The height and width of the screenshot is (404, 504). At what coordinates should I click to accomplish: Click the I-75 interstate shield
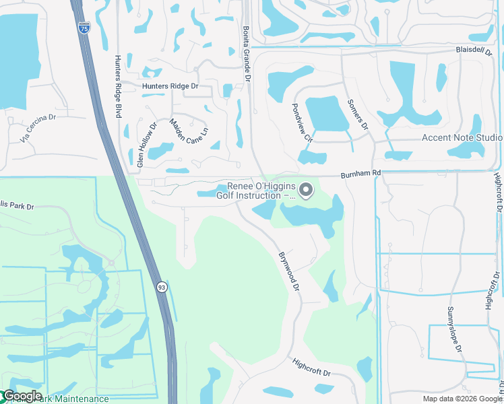[84, 28]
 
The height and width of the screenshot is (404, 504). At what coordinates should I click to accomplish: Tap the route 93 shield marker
[162, 288]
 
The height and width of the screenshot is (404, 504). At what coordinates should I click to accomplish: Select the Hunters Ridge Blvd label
[117, 87]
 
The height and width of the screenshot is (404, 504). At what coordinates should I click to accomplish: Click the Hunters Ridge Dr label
[170, 86]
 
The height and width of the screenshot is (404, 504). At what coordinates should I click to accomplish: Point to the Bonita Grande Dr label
[247, 55]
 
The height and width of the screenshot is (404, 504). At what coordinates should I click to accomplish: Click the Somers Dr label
[358, 115]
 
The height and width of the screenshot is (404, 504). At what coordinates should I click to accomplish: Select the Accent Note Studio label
[462, 137]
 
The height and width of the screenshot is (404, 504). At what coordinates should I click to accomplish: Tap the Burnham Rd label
[360, 173]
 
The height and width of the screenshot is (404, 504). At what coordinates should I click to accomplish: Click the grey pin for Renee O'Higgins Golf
[306, 191]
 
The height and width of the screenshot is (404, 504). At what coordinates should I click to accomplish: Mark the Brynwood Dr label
[289, 271]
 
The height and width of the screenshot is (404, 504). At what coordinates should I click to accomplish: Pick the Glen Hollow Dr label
[146, 145]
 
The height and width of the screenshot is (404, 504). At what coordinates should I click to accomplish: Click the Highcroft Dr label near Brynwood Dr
[312, 368]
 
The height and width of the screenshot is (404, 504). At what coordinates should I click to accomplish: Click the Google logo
[22, 396]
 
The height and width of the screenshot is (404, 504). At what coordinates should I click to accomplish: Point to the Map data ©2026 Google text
[462, 399]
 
